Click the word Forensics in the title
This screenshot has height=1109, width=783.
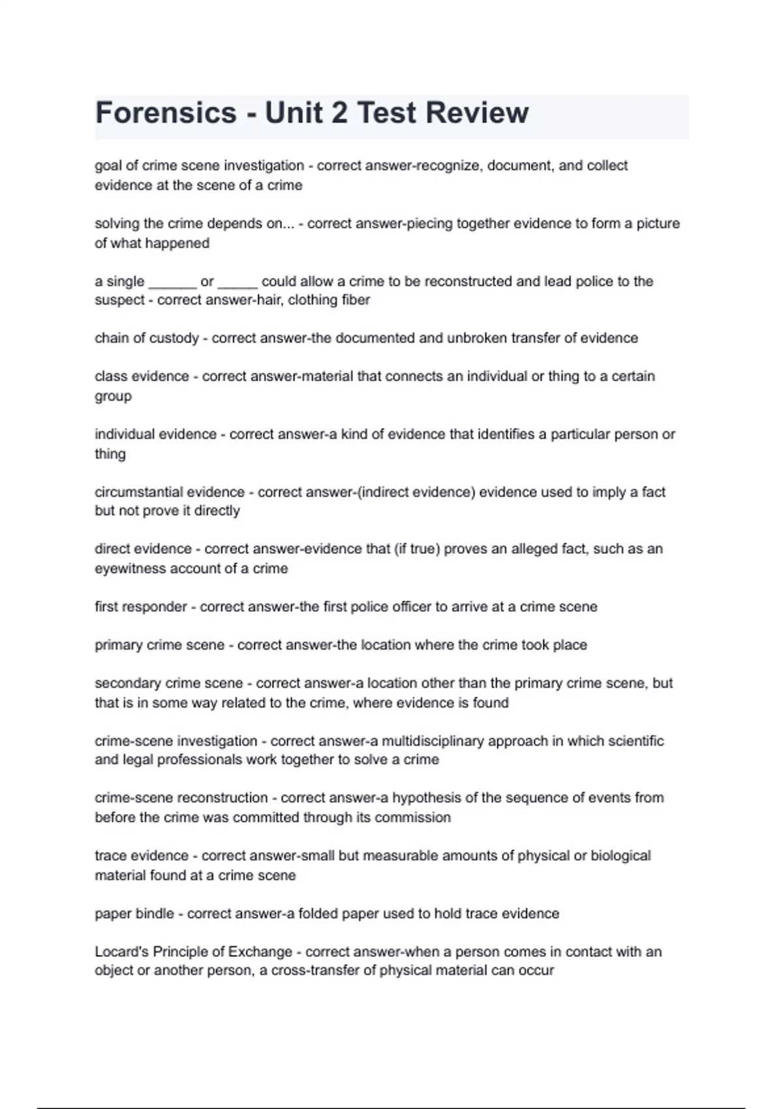[x=166, y=112]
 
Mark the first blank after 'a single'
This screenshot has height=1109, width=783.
[x=172, y=282]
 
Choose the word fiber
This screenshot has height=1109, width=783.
[x=356, y=300]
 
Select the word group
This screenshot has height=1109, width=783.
[x=113, y=397]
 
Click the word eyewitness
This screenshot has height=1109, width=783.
[x=130, y=569]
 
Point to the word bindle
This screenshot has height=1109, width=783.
[x=154, y=914]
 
